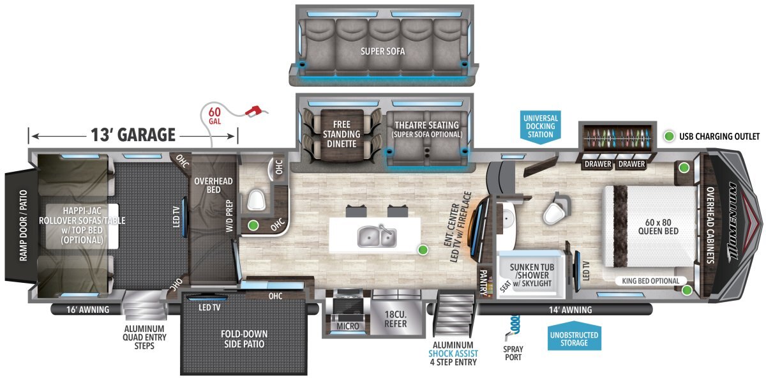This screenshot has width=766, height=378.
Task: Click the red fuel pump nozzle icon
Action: pos(254,110)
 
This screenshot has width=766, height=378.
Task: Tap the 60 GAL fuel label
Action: pos(214,116)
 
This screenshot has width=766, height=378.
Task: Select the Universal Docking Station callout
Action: pos(540,126)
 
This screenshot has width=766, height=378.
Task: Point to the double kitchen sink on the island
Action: pos(377,236)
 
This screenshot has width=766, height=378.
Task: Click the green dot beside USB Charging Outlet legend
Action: pos(669,136)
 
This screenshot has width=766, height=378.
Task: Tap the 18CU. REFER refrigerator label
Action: pos(396,319)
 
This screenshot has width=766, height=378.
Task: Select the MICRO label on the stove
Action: pos(347,326)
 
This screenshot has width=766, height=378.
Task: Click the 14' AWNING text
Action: pos(571,310)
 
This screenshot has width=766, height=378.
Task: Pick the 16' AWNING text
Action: pos(88,310)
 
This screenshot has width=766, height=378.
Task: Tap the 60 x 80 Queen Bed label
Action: pos(658,227)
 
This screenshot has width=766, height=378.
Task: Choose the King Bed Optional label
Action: pos(650,281)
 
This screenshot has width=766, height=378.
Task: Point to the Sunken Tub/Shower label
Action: pos(532,275)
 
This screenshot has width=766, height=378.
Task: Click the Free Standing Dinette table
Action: pos(342,135)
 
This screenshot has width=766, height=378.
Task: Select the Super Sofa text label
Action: pos(382,51)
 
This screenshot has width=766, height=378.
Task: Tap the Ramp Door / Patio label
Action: pos(23,225)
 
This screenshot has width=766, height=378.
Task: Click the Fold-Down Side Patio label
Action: pos(244,338)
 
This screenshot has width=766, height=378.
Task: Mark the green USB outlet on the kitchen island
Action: pos(423,250)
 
